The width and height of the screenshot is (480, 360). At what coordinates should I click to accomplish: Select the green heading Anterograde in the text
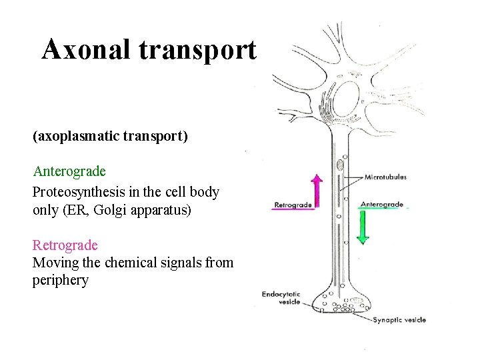coord(69,171)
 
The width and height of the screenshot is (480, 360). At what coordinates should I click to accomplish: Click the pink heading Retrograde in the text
coord(65,245)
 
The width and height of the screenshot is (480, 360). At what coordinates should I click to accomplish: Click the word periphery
coord(60,280)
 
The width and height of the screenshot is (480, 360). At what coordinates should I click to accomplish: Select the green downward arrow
coord(363,227)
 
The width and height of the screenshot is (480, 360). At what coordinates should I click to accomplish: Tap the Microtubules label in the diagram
coord(385,177)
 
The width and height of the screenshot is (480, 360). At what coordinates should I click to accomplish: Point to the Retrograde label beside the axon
coord(293,205)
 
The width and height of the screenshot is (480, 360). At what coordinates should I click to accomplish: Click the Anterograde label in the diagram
coord(381,204)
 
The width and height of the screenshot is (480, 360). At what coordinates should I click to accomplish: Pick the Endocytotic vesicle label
coord(281,297)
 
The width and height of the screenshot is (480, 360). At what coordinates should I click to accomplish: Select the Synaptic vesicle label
coord(399,320)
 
